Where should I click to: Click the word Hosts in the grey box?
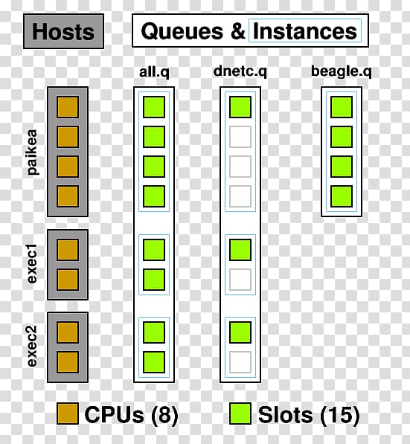[63, 31]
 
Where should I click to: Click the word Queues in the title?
[182, 32]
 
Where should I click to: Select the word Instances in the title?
[304, 31]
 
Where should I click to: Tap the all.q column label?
[154, 72]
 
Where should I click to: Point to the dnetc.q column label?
[240, 71]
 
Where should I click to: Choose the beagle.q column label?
[341, 71]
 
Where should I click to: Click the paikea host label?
[32, 152]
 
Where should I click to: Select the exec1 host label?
[32, 263]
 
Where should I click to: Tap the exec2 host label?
[32, 347]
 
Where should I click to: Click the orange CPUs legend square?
[68, 414]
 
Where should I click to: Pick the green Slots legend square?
[240, 414]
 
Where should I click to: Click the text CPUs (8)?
[131, 415]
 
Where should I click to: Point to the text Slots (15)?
[309, 415]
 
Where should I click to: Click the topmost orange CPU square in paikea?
[68, 107]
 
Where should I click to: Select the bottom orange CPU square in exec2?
[68, 362]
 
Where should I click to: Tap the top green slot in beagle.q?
[341, 107]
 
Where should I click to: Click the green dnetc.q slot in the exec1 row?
[240, 250]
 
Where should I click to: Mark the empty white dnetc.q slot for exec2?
[240, 362]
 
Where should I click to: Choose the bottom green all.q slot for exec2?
[154, 362]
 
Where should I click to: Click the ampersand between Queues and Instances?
[237, 31]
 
